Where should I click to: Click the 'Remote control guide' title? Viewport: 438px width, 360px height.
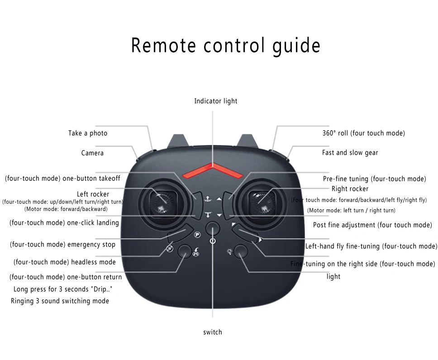(x=225, y=46)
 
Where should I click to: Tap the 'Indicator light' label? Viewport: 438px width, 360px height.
(x=216, y=101)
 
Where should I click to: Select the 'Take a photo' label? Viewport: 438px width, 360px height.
(x=88, y=133)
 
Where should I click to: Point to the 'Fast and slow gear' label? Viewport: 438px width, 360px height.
(x=350, y=152)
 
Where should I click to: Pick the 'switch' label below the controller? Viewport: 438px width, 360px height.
(x=212, y=332)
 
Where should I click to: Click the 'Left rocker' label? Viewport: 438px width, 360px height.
(x=93, y=194)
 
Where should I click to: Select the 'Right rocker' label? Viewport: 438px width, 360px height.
(x=350, y=189)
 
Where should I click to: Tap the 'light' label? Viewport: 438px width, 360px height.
(x=333, y=276)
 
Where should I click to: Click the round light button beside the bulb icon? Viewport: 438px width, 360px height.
(x=241, y=251)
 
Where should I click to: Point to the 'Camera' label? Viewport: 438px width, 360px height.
(x=92, y=153)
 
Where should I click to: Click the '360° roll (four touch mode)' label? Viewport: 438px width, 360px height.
(x=363, y=133)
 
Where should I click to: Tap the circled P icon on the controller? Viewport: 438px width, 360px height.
(x=197, y=235)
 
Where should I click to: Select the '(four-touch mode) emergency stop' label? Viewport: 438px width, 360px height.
(x=62, y=245)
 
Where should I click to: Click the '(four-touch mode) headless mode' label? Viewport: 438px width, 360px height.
(x=64, y=262)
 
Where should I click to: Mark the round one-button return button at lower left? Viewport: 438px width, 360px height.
(x=184, y=251)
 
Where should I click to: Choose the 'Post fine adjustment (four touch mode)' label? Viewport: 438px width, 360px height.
(x=372, y=225)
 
